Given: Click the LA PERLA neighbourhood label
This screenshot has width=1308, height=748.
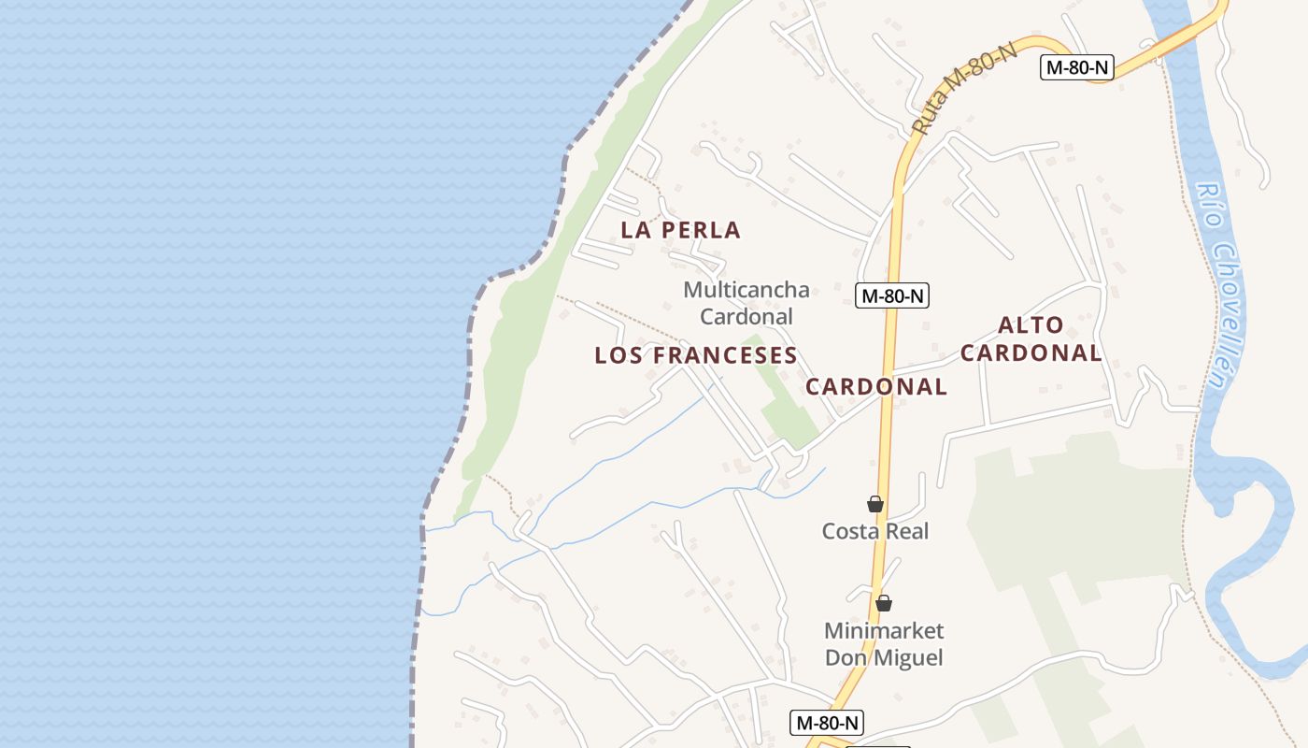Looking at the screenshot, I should [x=680, y=230].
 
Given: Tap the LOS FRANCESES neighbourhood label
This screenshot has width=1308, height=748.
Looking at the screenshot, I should [x=696, y=355].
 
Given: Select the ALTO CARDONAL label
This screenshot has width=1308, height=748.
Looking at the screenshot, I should [x=1031, y=338].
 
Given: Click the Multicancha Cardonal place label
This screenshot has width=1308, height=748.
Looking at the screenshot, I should [x=746, y=303].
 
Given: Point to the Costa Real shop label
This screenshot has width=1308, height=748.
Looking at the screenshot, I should [x=875, y=531].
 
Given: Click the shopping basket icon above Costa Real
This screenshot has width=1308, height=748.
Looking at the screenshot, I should [x=875, y=504].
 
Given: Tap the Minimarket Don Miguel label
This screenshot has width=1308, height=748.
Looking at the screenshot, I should [x=884, y=644].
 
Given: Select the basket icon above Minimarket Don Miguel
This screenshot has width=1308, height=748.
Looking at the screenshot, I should [x=884, y=603].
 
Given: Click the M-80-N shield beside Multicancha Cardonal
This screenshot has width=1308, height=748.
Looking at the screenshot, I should [x=892, y=296].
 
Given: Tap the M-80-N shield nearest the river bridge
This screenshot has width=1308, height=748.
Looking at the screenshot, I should [x=1077, y=67].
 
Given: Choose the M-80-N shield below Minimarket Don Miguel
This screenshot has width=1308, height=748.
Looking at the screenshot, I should [x=827, y=723].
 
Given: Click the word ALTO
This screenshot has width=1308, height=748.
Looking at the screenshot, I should [x=1031, y=325].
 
